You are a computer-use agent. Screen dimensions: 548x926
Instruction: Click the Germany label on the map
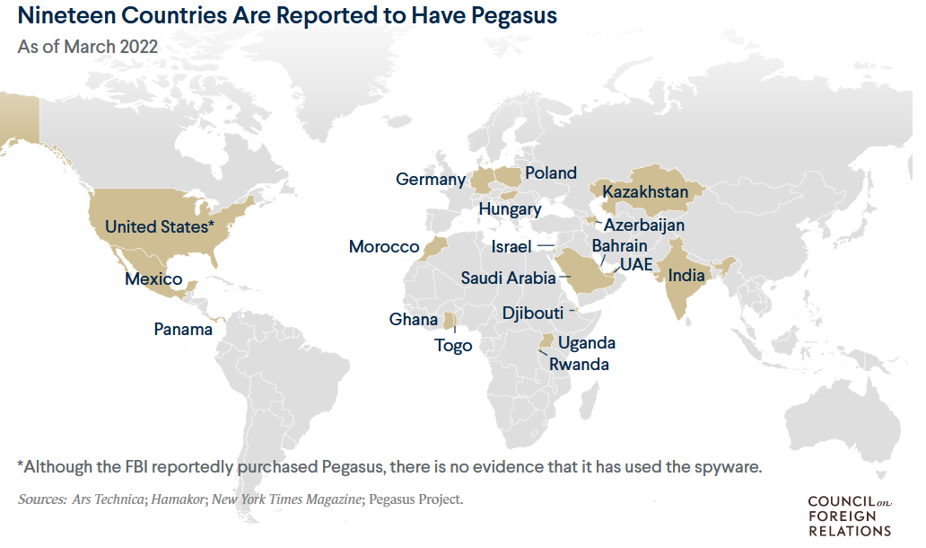(431, 180)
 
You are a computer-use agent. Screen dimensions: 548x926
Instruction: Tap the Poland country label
(551, 172)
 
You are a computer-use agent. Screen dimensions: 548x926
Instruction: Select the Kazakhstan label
(645, 192)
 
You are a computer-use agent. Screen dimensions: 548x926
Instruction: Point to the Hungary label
(510, 209)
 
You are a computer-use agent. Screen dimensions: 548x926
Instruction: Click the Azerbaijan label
(643, 225)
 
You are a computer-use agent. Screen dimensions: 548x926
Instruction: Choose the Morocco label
(384, 247)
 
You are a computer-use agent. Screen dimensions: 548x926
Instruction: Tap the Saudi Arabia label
(508, 278)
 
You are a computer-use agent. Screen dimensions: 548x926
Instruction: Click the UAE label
(636, 264)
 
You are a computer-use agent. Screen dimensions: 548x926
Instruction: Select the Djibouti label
(533, 314)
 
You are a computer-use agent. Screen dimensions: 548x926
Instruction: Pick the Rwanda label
(579, 365)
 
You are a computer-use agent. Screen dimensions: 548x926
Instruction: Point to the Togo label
(453, 346)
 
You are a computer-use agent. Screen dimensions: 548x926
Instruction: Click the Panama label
(183, 330)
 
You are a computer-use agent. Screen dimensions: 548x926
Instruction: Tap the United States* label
(160, 226)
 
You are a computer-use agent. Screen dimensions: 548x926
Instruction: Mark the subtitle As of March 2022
(88, 47)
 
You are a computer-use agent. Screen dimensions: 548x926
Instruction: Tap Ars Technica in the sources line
(107, 499)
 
